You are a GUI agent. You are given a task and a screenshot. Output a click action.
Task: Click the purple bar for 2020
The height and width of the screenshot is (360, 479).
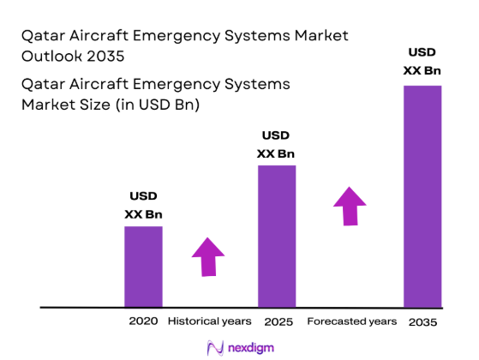(x=143, y=266)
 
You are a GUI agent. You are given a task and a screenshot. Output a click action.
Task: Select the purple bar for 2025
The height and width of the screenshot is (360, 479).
(x=276, y=236)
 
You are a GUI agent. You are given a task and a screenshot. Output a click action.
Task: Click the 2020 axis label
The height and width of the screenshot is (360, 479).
(x=143, y=321)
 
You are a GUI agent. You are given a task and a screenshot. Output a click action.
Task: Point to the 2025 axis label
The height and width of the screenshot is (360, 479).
(x=279, y=322)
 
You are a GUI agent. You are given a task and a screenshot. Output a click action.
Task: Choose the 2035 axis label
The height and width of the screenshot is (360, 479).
(x=422, y=322)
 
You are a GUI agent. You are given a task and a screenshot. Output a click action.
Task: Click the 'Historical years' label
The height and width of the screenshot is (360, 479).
(x=210, y=321)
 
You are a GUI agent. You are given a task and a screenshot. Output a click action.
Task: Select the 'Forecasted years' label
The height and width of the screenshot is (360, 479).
(x=352, y=321)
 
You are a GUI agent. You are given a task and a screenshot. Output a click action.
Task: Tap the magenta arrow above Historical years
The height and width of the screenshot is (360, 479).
(x=207, y=255)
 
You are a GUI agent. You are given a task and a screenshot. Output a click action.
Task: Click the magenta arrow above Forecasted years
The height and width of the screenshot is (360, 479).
(x=350, y=206)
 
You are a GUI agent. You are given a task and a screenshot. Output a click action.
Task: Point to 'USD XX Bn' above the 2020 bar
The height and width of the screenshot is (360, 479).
(x=144, y=205)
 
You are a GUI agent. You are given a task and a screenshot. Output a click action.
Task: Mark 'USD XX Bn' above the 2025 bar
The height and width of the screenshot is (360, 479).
(x=276, y=145)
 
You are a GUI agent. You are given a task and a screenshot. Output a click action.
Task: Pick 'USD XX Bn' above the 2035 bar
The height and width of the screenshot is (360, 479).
(x=422, y=62)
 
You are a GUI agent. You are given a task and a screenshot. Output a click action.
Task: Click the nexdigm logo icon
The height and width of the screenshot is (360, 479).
(x=215, y=347)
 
